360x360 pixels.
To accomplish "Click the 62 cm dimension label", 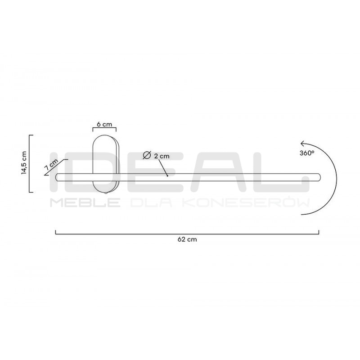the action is [187, 239].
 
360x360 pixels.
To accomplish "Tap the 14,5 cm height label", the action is [24, 162].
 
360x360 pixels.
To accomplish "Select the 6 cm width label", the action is [104, 124].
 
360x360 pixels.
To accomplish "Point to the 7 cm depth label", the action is [51, 164].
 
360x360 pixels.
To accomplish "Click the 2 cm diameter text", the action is [162, 156].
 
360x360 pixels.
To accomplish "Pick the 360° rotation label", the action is [307, 153].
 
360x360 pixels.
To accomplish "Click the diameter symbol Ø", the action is [147, 155].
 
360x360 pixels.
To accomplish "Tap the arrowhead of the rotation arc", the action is [303, 144].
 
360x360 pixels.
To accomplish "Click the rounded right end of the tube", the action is [319, 177].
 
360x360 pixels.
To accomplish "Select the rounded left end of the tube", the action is [58, 177].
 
